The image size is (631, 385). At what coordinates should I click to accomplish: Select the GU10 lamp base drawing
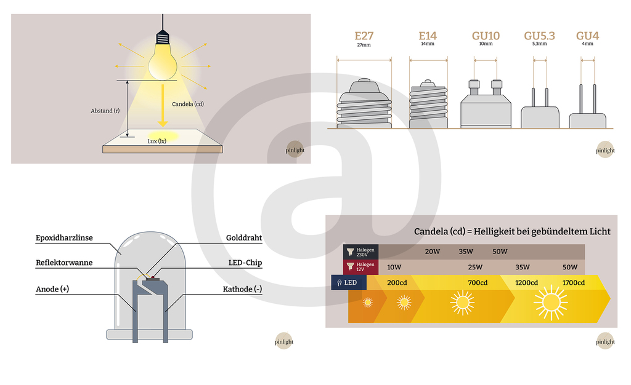tap(486, 105)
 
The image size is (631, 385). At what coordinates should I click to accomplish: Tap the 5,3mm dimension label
tap(539, 44)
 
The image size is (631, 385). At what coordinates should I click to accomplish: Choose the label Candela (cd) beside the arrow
tap(187, 104)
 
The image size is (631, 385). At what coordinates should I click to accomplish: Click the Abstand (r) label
tap(105, 111)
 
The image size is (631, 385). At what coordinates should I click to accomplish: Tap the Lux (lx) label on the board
tap(157, 141)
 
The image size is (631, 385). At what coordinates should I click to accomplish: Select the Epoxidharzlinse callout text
tap(63, 238)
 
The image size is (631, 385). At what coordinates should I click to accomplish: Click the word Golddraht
tap(244, 238)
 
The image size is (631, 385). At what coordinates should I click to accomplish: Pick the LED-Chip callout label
tap(245, 263)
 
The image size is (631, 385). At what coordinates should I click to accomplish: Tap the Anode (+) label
tap(52, 289)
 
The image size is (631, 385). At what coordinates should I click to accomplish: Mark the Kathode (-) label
tap(243, 289)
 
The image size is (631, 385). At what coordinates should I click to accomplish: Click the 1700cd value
tap(574, 283)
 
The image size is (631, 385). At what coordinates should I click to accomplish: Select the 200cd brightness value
tap(397, 283)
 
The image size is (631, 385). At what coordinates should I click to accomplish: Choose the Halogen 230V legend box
tap(361, 252)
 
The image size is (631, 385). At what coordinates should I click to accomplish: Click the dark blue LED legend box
tap(349, 282)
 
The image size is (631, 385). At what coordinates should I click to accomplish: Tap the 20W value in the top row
tap(433, 252)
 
